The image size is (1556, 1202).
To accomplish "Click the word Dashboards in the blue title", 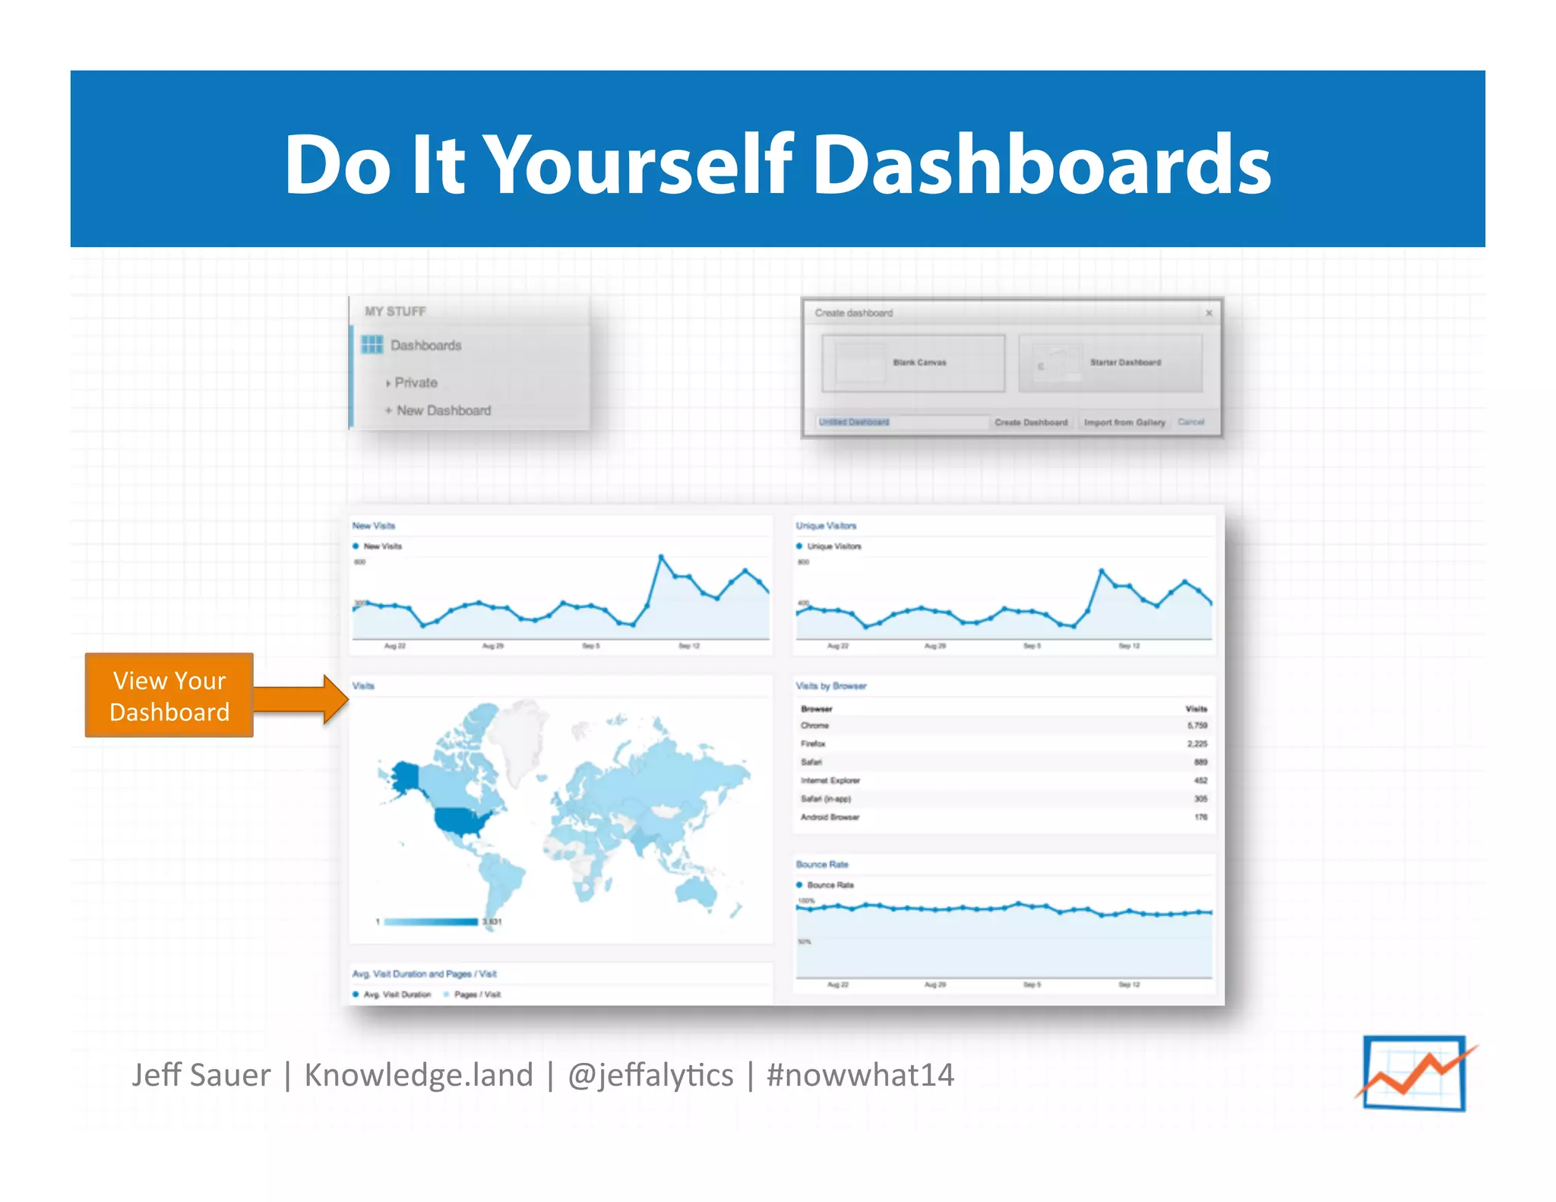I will [1042, 165].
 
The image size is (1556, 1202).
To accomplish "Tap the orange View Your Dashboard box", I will [169, 695].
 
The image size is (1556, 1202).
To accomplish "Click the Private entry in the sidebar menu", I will [416, 383].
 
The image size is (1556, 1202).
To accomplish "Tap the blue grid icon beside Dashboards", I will [372, 345].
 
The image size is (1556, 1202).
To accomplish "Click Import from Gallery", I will [1124, 422].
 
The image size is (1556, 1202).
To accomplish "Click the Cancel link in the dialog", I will [1191, 422].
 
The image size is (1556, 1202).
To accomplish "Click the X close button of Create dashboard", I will [1209, 313].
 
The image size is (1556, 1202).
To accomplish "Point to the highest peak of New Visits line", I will [661, 557].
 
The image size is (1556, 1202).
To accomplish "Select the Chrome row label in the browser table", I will [814, 726].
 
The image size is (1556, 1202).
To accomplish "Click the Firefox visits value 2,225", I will [1197, 744].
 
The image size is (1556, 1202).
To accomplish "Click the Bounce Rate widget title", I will [822, 865].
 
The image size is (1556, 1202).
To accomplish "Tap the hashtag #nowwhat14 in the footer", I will [860, 1075].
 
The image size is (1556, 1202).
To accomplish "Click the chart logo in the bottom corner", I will [1414, 1073].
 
